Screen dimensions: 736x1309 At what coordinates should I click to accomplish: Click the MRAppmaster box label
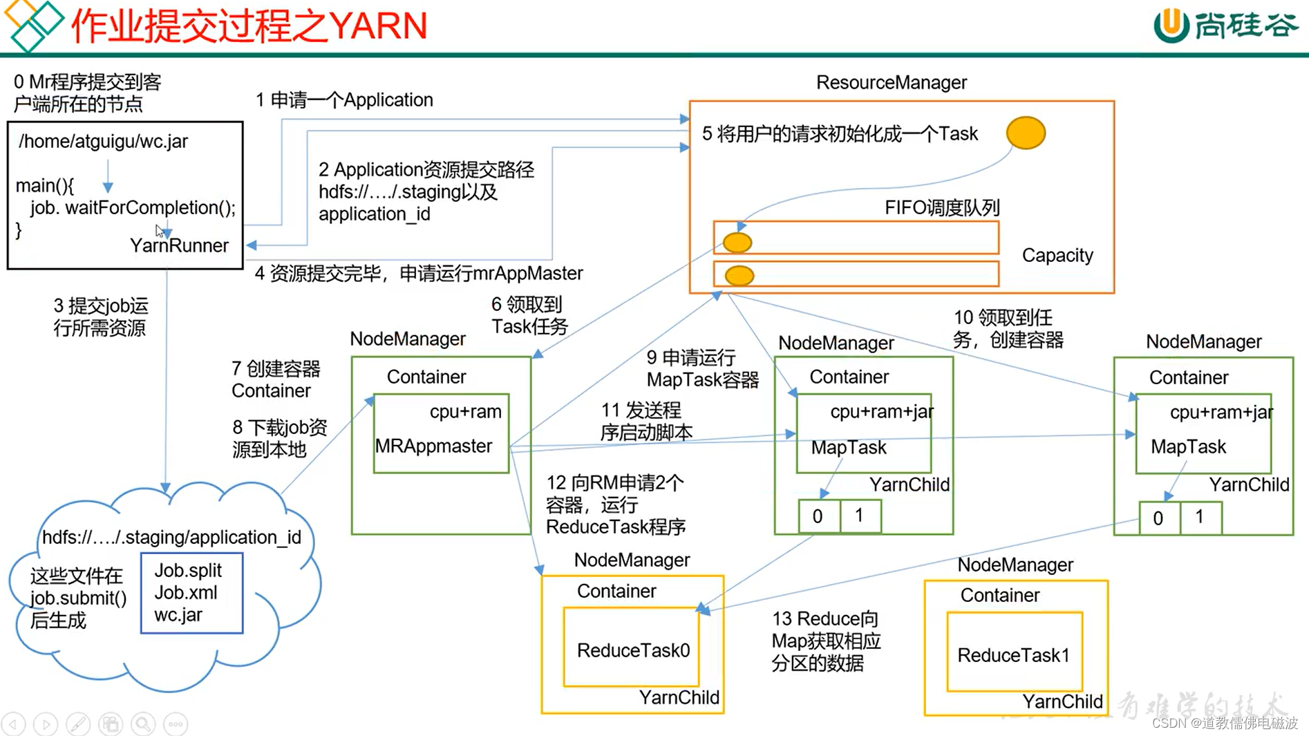434,446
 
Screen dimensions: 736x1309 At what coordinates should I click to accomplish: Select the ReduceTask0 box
632,650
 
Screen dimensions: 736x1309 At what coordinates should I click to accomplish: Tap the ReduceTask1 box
1013,654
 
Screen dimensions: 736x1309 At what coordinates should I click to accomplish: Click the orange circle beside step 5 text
1026,133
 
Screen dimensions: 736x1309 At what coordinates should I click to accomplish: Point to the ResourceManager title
892,82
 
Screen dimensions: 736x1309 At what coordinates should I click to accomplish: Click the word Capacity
1057,255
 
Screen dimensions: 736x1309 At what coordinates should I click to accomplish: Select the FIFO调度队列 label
942,207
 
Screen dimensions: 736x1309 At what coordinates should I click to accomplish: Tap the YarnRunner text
179,245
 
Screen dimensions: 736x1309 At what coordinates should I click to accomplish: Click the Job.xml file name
186,592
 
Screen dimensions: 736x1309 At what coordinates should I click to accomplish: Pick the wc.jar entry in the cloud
178,614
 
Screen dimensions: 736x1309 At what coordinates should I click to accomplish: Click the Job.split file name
188,570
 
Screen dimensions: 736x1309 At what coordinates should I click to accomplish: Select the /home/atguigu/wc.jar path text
104,141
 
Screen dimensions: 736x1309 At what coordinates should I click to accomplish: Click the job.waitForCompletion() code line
133,207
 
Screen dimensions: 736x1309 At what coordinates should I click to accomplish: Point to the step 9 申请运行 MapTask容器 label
702,368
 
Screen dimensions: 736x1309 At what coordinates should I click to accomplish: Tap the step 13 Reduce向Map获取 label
826,641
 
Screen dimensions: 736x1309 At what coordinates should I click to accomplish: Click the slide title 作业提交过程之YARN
249,26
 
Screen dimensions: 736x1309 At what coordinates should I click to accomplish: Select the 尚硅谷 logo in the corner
1225,26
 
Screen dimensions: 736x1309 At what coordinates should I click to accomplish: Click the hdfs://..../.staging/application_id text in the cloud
171,537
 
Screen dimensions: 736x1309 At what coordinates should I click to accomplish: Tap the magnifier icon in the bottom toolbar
143,724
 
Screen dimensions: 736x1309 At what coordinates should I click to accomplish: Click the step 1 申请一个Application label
344,100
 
